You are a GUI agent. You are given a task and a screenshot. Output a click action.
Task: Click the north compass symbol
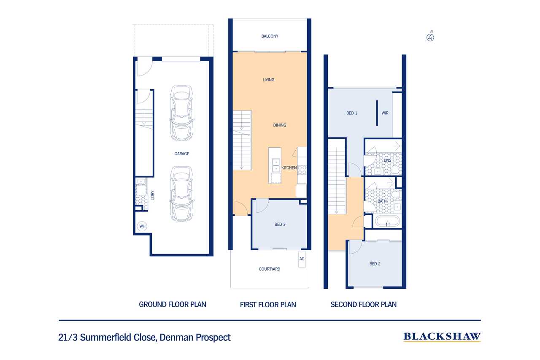pos(430,38)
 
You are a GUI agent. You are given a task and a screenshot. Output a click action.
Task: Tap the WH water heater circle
pos(142,226)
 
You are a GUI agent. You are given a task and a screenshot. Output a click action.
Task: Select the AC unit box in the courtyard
pos(302,259)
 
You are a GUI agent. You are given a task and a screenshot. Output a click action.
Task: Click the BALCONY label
pos(270,36)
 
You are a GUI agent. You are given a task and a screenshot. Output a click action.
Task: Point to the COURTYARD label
pos(270,269)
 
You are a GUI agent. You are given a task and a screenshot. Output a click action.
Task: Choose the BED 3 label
pos(280,225)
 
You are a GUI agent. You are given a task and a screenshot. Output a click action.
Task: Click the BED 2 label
pos(375,264)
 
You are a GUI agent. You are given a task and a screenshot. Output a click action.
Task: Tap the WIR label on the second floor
pos(385,113)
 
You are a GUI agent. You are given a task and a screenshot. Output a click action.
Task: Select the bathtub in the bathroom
pos(388,221)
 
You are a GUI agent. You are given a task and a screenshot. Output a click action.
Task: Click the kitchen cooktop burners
pos(302,170)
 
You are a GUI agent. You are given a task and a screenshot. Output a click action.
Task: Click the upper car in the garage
pos(182,113)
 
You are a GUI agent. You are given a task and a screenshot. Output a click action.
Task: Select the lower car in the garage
pos(182,194)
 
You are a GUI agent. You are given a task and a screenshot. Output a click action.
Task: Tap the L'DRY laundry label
pos(152,195)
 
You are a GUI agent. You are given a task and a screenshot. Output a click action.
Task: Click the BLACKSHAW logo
pos(442,337)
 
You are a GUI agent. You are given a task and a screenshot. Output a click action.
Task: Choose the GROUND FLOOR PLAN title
pos(173,305)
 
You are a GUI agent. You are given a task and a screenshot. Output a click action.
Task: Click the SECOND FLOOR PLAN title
pos(363,305)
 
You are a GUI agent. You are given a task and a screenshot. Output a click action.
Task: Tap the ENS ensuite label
pos(387,160)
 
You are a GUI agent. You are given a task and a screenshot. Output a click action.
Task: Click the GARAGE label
pos(182,154)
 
